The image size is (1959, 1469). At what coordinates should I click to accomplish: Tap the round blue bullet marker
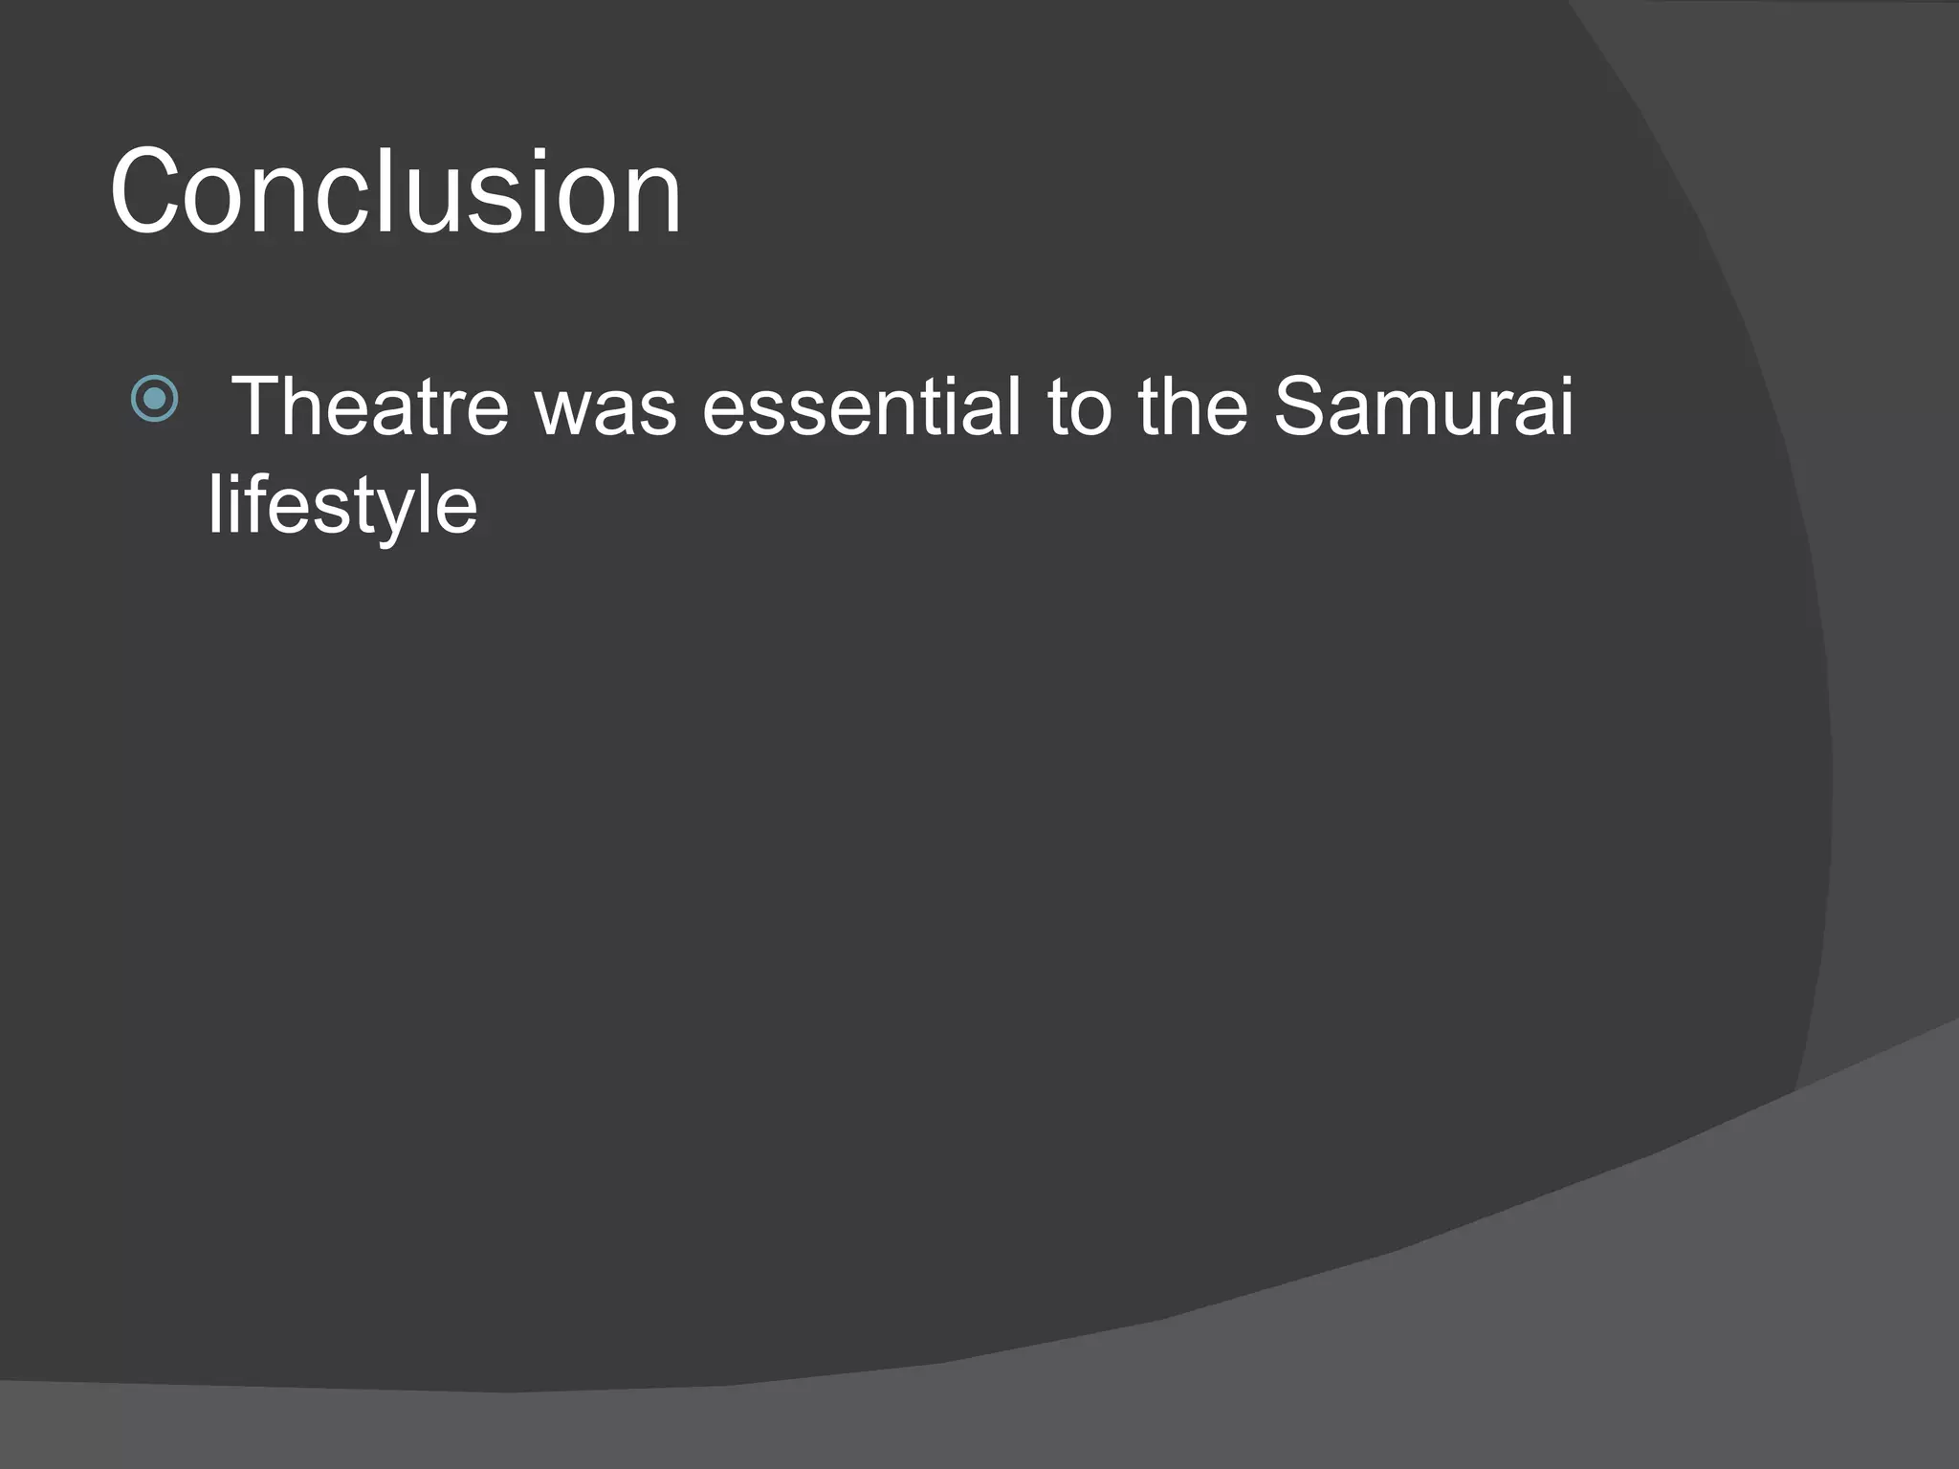[154, 399]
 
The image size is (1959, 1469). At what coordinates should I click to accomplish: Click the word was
[605, 408]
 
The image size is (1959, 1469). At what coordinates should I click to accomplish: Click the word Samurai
[1423, 406]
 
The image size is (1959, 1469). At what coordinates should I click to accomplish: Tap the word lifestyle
[342, 507]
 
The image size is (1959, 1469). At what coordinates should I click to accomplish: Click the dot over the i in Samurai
[1563, 378]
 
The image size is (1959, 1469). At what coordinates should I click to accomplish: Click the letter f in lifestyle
[251, 504]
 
